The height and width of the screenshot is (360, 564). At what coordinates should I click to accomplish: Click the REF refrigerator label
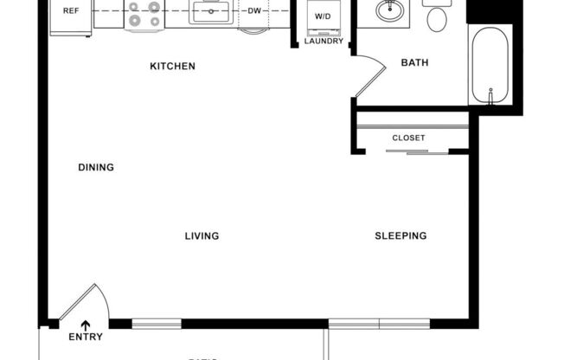tap(70, 11)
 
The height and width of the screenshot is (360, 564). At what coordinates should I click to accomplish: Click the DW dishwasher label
tap(254, 11)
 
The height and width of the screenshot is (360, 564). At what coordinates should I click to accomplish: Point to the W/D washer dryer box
tap(321, 16)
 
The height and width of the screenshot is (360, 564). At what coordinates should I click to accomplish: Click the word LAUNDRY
tap(324, 41)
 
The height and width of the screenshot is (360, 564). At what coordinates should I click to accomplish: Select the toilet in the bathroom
tap(438, 15)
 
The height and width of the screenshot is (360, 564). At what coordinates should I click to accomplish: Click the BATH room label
tap(415, 62)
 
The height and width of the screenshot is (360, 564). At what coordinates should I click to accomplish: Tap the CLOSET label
tap(408, 138)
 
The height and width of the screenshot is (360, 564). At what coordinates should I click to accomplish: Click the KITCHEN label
tap(172, 66)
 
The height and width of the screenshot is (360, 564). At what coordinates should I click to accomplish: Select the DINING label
tap(96, 167)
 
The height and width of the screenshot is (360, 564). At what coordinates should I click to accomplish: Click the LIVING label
tap(202, 235)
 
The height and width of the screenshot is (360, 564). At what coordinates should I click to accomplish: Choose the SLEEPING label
tap(401, 235)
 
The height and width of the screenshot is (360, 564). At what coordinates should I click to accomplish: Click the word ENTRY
tap(86, 337)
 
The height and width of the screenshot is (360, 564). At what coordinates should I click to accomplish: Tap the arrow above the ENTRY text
tap(85, 324)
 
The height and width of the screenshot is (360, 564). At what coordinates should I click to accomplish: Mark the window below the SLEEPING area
tap(379, 324)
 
